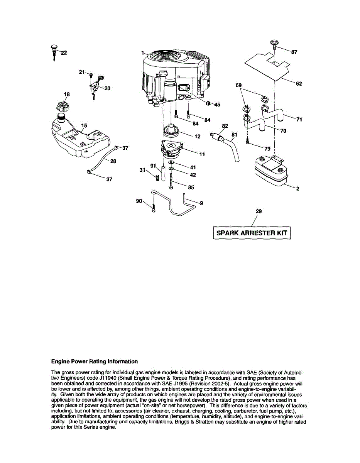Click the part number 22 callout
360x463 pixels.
pyautogui.click(x=64, y=53)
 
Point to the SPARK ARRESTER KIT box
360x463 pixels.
pyautogui.click(x=252, y=233)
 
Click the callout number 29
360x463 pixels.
pyautogui.click(x=259, y=211)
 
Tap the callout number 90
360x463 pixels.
pyautogui.click(x=139, y=201)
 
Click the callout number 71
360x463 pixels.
pyautogui.click(x=299, y=120)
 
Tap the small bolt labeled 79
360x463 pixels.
pyautogui.click(x=247, y=143)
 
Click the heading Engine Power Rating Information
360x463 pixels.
pyautogui.click(x=95, y=362)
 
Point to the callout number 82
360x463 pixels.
pyautogui.click(x=225, y=126)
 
